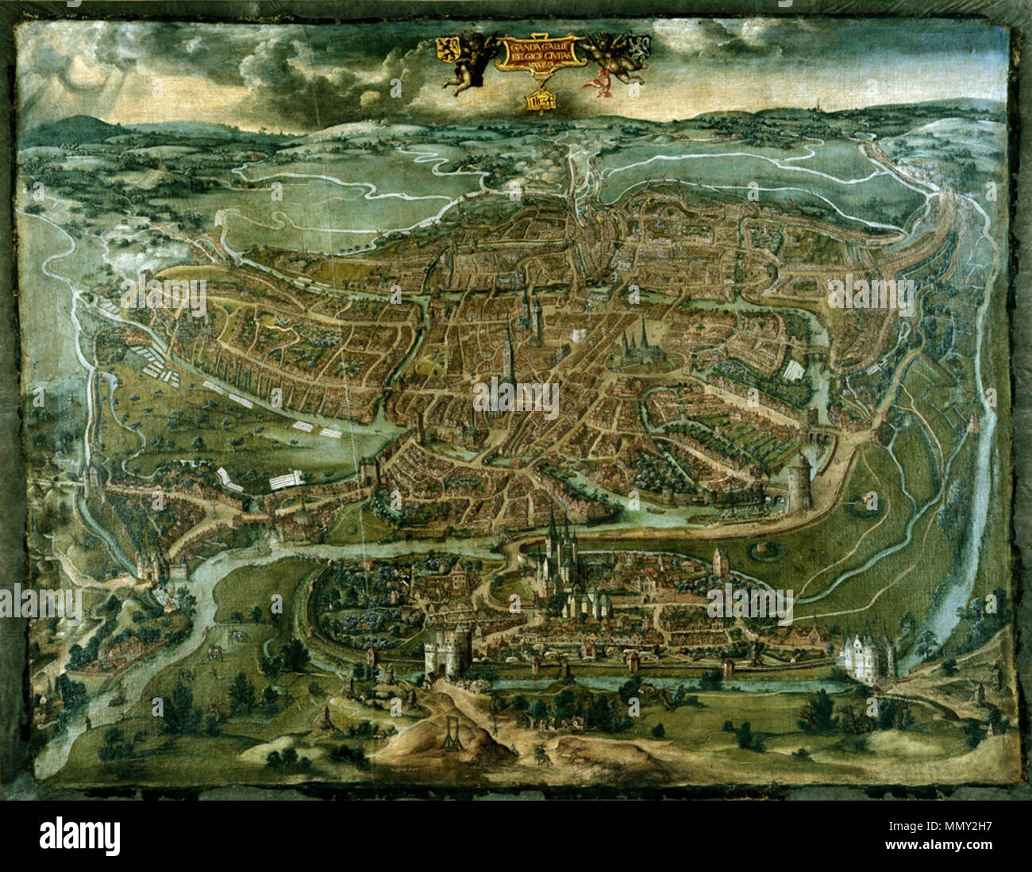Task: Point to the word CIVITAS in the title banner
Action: point(560,57)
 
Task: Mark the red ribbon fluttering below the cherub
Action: point(597,81)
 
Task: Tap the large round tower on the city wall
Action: point(798,485)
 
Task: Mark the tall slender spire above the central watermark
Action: point(508,349)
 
